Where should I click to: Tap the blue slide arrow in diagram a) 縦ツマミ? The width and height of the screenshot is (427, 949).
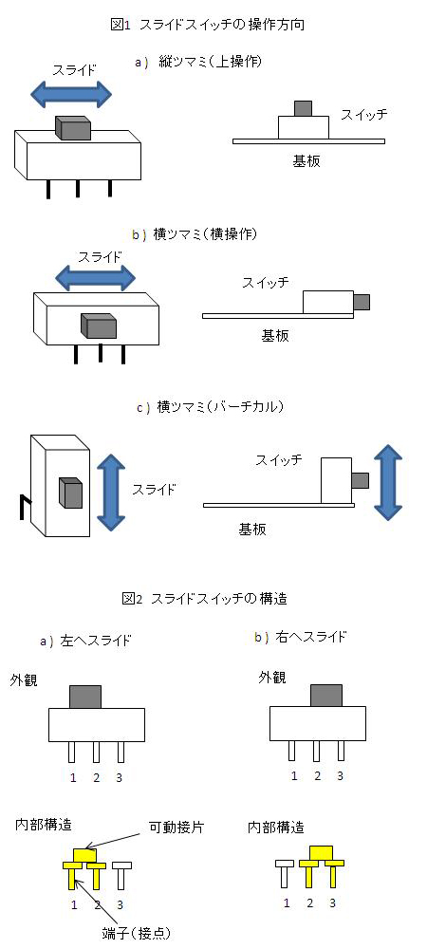click(71, 93)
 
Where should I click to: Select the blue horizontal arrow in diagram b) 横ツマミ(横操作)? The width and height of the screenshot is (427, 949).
click(95, 278)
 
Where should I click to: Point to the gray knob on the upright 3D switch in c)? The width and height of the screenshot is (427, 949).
click(70, 492)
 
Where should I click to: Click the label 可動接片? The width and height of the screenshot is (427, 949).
click(176, 828)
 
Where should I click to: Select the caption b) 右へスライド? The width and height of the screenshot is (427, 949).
click(301, 637)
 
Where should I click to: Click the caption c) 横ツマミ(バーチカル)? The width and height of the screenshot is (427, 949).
click(210, 407)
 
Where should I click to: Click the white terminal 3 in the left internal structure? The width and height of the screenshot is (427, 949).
click(121, 875)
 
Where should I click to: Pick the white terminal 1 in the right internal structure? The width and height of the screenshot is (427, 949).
click(285, 873)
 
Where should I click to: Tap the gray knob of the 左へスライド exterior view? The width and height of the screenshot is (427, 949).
click(85, 697)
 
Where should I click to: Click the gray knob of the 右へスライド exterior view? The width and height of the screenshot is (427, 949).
click(326, 696)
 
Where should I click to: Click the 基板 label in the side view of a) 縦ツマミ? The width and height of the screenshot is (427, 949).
click(306, 161)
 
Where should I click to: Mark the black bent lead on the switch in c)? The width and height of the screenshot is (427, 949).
click(24, 506)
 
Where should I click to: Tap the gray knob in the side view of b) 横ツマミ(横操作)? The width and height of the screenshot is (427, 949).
click(362, 302)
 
